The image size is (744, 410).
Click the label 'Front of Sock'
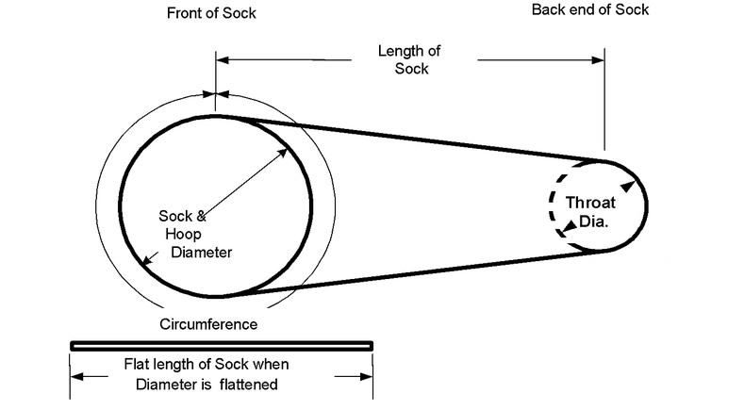tap(210, 14)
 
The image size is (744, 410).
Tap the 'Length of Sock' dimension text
tap(408, 59)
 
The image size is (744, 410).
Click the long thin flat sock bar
tap(222, 345)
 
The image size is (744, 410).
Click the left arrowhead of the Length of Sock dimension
tap(223, 63)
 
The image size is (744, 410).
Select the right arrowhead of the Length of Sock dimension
tap(599, 63)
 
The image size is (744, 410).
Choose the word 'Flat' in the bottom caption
tap(140, 365)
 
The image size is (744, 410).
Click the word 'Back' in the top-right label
tap(549, 10)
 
